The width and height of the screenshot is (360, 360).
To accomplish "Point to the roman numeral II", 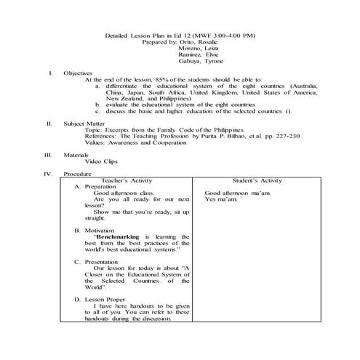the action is [x=49, y=124].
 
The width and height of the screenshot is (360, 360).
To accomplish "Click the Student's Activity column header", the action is [x=257, y=180].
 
